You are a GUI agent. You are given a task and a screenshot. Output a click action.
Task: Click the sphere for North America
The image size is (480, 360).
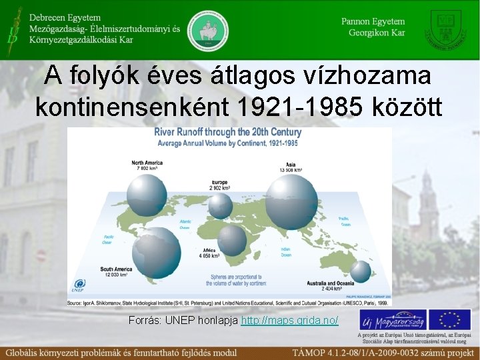coord(147,195)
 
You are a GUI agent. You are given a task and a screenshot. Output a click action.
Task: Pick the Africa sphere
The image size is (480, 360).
coord(232,239)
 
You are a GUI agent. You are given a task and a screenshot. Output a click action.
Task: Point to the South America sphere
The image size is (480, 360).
coord(156,252)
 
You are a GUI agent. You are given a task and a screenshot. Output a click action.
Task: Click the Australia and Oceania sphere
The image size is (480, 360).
coord(361,271)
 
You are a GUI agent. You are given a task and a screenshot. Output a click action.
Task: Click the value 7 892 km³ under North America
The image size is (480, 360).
coord(145,168)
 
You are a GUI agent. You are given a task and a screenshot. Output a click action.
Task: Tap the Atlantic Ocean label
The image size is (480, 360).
coord(185,225)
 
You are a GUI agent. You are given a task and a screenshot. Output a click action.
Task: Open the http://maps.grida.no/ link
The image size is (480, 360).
coord(289,321)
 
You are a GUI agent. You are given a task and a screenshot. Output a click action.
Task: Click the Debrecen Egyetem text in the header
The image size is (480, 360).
coord(65,18)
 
